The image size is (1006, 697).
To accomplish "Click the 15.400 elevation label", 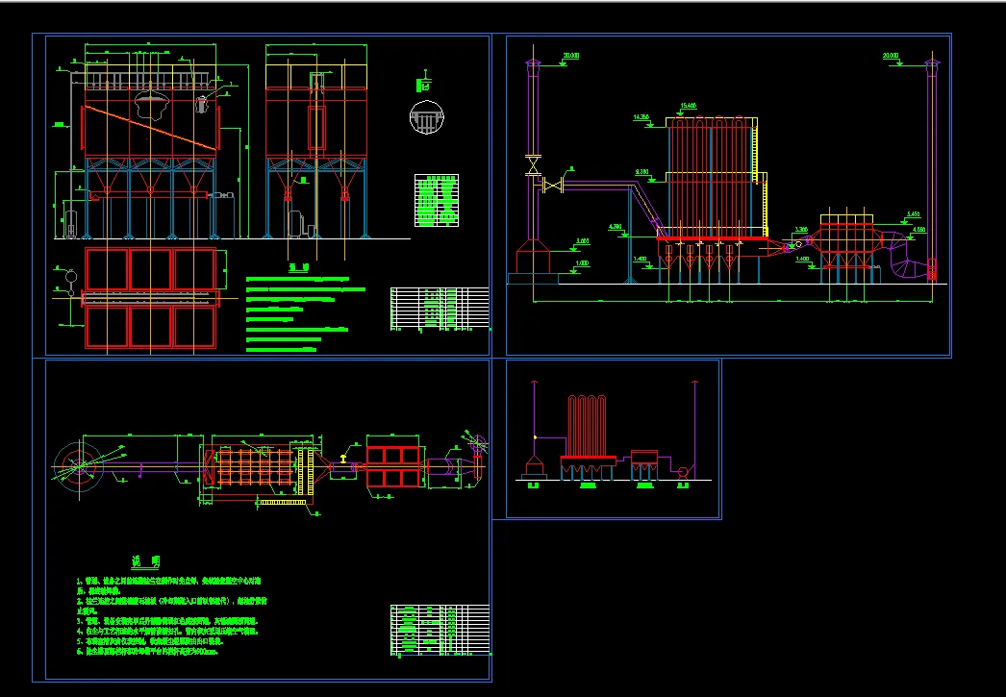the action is point(688,105).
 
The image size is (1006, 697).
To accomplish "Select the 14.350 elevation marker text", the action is point(641,116).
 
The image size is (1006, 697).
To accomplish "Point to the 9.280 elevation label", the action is point(642,171).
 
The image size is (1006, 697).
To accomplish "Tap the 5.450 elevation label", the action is point(913,213).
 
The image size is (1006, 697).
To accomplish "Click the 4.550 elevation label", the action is point(918,230).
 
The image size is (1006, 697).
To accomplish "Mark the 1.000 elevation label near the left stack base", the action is point(582,262).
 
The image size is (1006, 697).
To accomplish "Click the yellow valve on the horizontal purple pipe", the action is point(553,187).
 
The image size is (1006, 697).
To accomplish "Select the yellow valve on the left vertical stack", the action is point(532,164).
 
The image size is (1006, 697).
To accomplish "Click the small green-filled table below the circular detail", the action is point(436,200).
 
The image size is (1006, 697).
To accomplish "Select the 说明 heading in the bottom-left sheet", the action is point(147,561).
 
